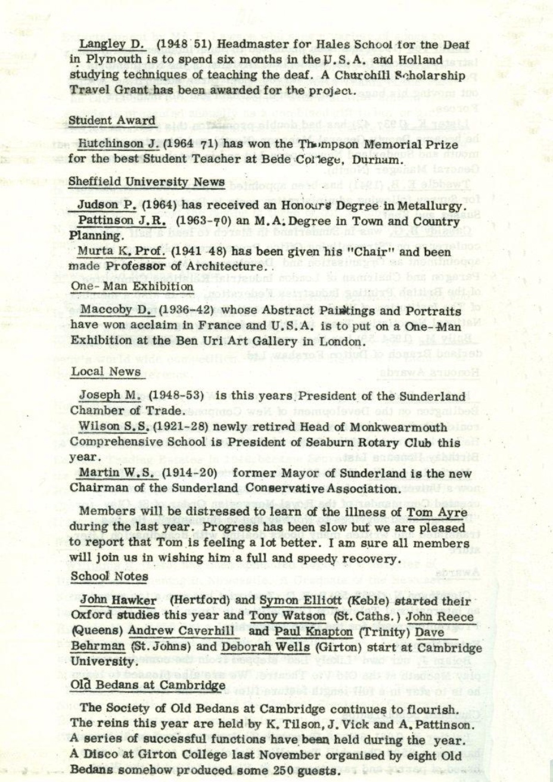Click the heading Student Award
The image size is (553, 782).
(112, 120)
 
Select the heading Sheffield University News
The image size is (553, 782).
(147, 182)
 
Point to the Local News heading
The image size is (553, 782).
(106, 372)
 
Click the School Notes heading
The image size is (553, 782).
(109, 576)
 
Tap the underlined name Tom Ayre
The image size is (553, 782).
(437, 513)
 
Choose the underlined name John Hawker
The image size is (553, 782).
(119, 600)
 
